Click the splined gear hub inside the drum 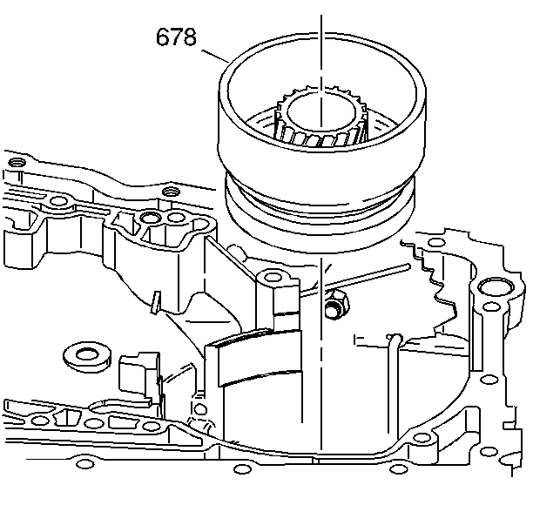(x=317, y=122)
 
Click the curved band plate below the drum (x=257, y=357)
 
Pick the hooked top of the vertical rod (x=394, y=338)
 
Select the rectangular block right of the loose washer (x=136, y=370)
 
